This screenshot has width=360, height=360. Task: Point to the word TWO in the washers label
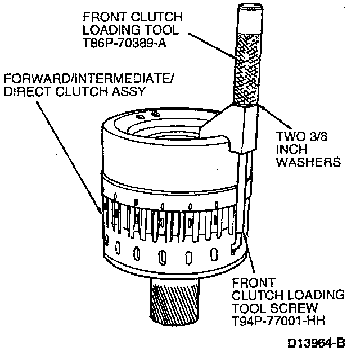pyautogui.click(x=291, y=136)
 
